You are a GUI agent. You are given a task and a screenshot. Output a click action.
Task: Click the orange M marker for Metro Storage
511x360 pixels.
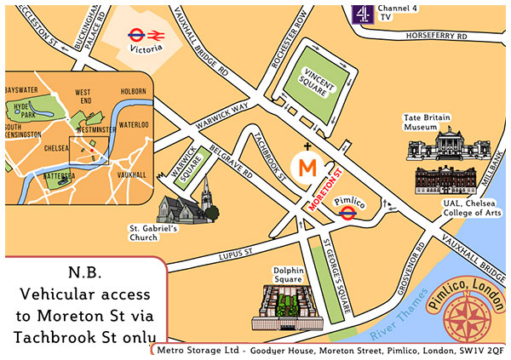[x=306, y=165]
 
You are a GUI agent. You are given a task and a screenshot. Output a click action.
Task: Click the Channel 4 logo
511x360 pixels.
[x=363, y=14]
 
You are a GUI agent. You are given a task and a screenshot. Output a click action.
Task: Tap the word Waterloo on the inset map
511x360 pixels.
[x=133, y=125]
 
